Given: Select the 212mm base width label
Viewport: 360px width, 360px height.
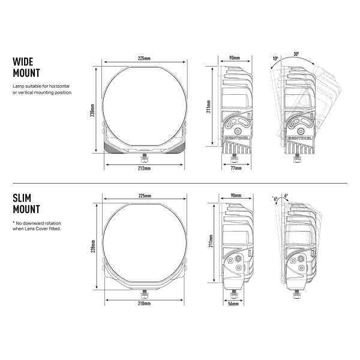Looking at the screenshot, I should point(144,169).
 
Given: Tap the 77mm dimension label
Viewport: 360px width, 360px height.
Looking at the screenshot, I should point(235,169).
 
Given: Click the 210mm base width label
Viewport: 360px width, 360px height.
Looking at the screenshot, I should point(144,304).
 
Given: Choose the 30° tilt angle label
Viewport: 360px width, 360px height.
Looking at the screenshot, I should point(296,54).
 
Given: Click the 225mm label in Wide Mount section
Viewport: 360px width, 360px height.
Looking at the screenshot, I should point(144,58).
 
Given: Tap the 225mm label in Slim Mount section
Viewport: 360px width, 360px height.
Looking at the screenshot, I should point(144,196).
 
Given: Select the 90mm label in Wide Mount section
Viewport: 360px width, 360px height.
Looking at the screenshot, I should point(235,58).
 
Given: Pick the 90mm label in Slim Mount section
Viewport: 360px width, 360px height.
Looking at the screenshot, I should point(235,196).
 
